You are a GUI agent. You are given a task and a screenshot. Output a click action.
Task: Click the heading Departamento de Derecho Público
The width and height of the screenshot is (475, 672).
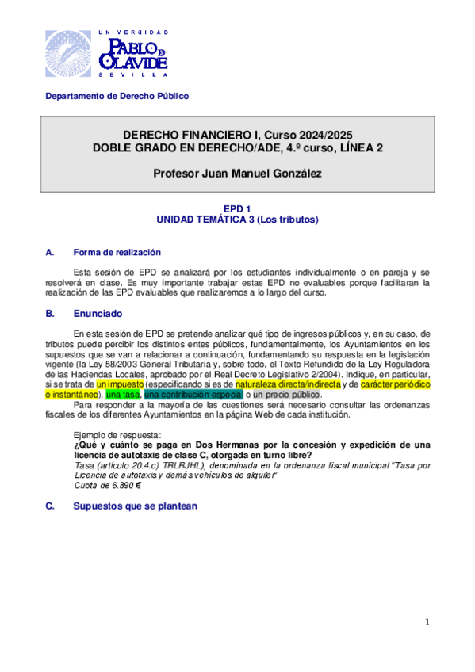(x=117, y=97)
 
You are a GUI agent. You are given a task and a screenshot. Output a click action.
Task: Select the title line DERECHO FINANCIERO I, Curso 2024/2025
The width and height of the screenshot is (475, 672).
(x=237, y=135)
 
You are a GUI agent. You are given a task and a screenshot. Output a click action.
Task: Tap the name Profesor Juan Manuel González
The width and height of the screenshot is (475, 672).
(x=237, y=174)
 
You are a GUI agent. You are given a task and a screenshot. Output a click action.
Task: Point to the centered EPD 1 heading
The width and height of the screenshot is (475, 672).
(x=237, y=208)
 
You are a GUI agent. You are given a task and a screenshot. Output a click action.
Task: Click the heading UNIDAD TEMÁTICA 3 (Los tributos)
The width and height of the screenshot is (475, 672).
(x=237, y=220)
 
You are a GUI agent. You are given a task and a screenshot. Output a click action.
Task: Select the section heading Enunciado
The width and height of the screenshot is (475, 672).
(x=95, y=314)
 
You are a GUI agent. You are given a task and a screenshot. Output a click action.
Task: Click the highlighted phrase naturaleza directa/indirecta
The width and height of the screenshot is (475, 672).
(x=288, y=383)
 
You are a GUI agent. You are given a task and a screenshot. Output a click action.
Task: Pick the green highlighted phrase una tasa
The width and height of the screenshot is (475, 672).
(x=123, y=394)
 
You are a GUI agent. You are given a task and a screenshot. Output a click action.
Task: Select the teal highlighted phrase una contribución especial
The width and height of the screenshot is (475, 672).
(x=193, y=394)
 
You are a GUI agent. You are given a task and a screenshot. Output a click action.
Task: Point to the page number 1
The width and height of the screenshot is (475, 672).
(x=426, y=623)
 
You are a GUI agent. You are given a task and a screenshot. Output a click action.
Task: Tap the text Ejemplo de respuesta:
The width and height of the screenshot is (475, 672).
(x=117, y=435)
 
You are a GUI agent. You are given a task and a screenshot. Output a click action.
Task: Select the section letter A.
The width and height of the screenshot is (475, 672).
(x=49, y=253)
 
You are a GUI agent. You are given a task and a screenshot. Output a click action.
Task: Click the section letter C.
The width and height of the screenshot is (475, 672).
(x=49, y=506)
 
